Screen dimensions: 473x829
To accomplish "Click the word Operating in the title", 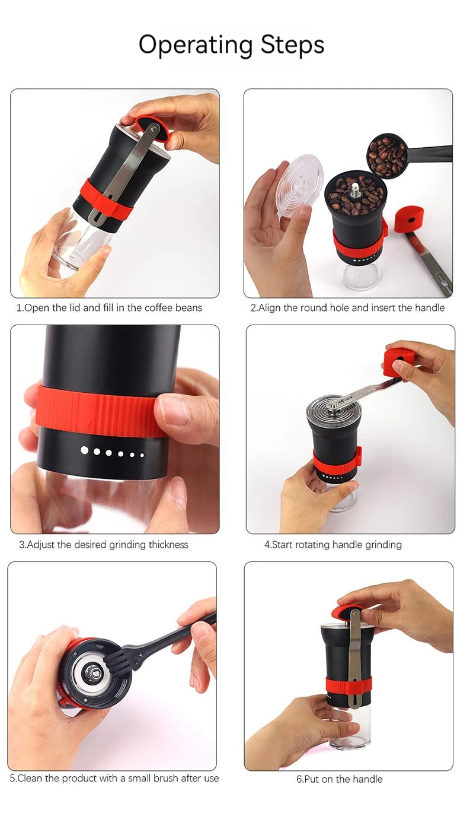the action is pos(196,45).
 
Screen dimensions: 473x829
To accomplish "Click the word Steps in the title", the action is pos(292,45).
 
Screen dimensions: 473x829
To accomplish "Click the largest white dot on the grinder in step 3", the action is pos(85,450).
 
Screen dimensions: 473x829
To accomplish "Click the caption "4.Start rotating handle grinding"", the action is pos(333,545).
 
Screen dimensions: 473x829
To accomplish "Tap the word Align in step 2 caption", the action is pos(269,308).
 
